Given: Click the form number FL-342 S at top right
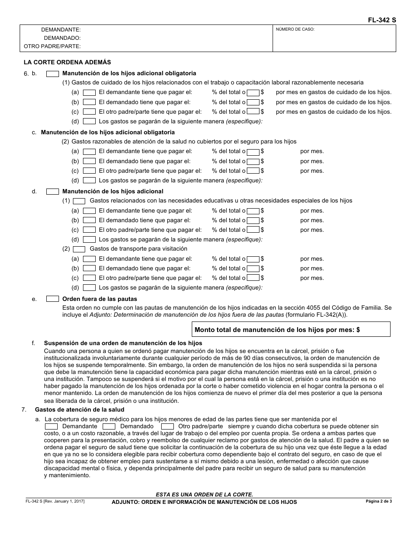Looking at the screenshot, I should tap(382, 20).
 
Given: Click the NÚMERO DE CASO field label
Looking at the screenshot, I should tap(295, 30).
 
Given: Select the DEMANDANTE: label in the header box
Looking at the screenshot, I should tap(61, 30).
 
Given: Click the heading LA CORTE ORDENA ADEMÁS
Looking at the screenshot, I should tap(67, 63).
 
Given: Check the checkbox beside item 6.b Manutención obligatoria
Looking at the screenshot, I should tap(52, 73).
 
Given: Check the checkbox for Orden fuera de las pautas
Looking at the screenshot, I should tap(52, 299).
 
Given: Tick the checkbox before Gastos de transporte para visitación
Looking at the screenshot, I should tap(79, 249).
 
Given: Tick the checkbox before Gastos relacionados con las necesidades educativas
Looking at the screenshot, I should tap(79, 201).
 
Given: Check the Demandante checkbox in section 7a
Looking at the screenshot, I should tap(52, 426).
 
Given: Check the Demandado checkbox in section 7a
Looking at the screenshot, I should tap(109, 426).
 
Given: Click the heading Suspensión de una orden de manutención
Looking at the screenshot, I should tap(123, 343).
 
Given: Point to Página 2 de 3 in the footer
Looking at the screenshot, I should tap(379, 501).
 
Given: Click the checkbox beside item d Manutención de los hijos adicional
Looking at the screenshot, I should tap(52, 192).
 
